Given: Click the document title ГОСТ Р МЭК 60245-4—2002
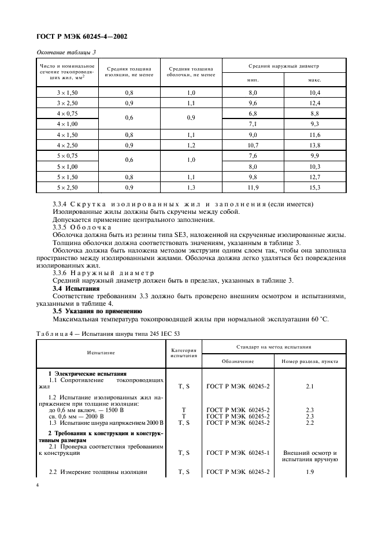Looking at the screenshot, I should pos(81,37).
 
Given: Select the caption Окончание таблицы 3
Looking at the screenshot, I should pos(66,53).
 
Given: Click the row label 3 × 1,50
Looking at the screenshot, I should pos(67,93).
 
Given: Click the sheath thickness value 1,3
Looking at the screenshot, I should pos(191,187).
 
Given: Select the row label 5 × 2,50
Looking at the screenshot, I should pos(67,187).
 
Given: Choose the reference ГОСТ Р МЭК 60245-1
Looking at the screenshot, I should pos(238,453).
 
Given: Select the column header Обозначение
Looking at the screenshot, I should pos(238,361).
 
